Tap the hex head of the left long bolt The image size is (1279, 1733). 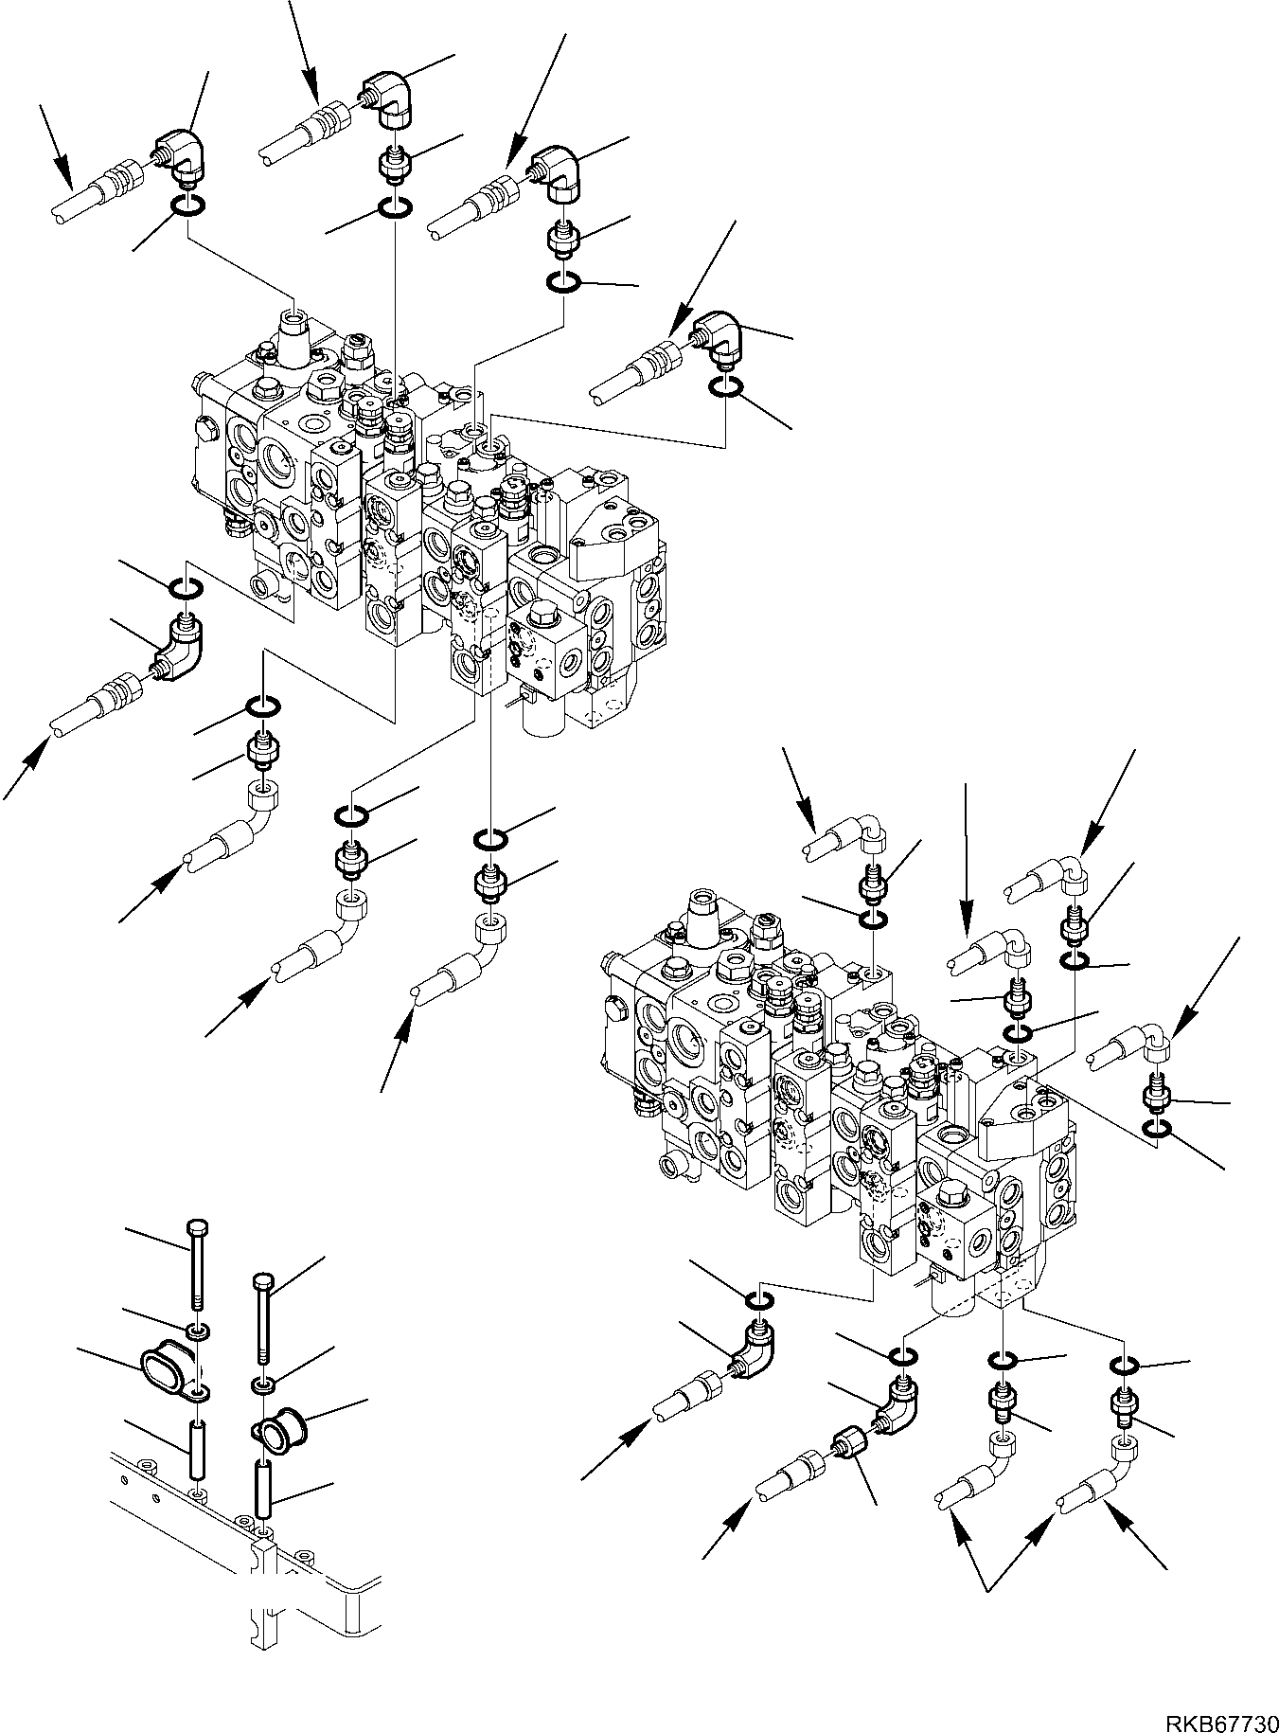coord(196,1227)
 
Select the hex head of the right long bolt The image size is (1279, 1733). coord(263,1281)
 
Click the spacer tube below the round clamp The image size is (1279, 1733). coord(264,1511)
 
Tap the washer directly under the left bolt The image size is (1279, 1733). coord(198,1332)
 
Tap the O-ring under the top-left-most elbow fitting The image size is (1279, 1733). coord(186,206)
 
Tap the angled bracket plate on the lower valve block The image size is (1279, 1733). coord(1018,1107)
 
